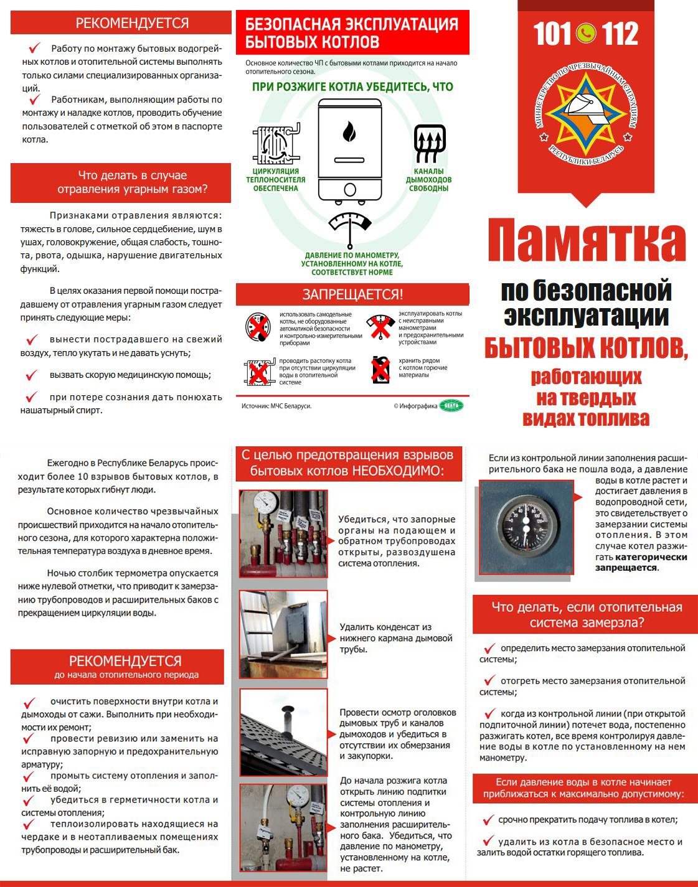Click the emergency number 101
552,34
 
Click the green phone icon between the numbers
586,34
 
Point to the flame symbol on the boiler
349,132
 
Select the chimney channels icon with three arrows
429,143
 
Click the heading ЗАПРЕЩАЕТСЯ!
352,294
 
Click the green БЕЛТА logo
451,406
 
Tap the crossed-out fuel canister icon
380,370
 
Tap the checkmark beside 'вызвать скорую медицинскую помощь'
32,375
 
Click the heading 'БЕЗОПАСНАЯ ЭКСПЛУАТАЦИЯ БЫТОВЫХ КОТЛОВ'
352,33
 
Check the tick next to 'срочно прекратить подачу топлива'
488,819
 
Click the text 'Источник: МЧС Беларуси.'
276,406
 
